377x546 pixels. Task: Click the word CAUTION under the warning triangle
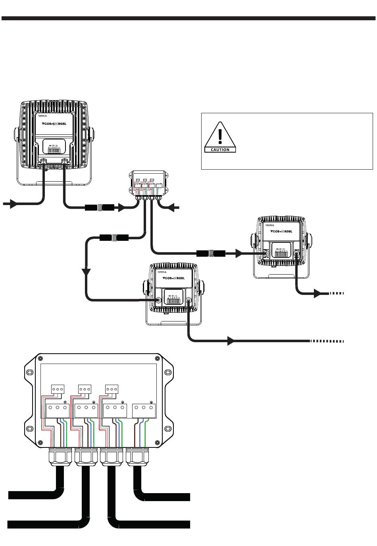(220, 150)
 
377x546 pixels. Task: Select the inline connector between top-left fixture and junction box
(99, 207)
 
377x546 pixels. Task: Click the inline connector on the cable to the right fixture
(211, 253)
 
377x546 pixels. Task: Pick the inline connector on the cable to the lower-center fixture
(113, 238)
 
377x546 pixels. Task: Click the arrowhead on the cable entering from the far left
(13, 204)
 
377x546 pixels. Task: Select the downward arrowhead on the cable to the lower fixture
(86, 272)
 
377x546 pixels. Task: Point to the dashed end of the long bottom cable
(327, 341)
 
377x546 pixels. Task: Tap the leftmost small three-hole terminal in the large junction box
(58, 389)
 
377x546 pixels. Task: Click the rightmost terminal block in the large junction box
(143, 410)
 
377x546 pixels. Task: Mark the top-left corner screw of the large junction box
(39, 356)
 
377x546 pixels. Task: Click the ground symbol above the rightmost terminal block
(151, 402)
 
